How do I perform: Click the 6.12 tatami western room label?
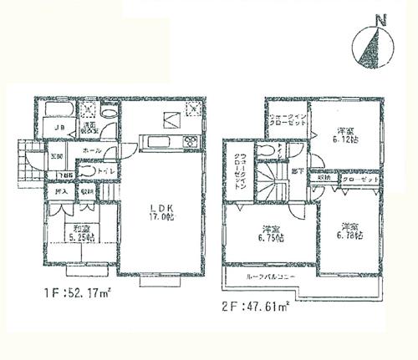click(x=344, y=134)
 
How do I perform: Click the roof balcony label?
click(x=268, y=276)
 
